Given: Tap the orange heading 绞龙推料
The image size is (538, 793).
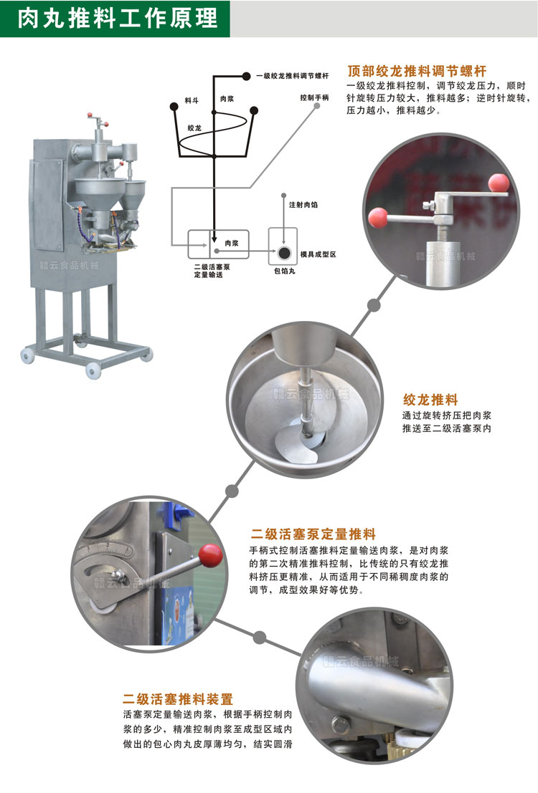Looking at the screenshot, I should [x=430, y=400].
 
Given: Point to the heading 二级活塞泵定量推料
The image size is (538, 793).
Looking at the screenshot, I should [x=313, y=534].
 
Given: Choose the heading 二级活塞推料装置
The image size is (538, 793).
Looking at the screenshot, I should [x=178, y=698].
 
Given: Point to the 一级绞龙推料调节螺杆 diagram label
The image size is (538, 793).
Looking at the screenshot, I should [x=293, y=75].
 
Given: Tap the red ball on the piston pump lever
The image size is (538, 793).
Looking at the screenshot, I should [x=211, y=554].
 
